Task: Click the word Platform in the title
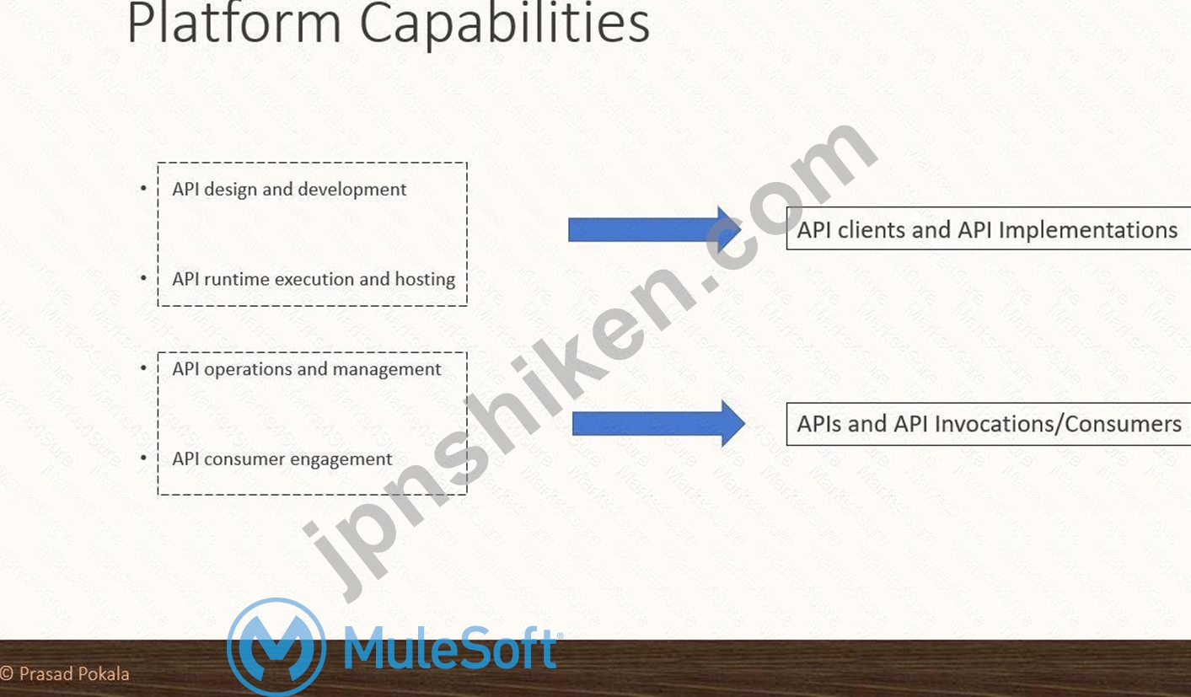pos(234,23)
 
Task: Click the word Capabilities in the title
pos(505,25)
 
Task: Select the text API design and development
pos(289,190)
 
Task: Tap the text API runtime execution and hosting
pos(314,280)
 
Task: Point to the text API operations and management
pos(307,369)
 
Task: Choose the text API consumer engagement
pos(282,459)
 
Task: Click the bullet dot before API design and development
pos(143,188)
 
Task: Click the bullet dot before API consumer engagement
pos(143,458)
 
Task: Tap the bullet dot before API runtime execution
pos(143,277)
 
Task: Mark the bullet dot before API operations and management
pos(143,367)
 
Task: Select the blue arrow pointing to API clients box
pos(655,230)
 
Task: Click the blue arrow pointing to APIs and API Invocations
pos(659,424)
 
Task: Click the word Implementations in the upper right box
pos(1088,231)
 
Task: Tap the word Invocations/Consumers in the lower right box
pos(1058,424)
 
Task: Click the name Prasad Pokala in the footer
pos(74,674)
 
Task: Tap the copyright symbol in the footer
pos(7,674)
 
